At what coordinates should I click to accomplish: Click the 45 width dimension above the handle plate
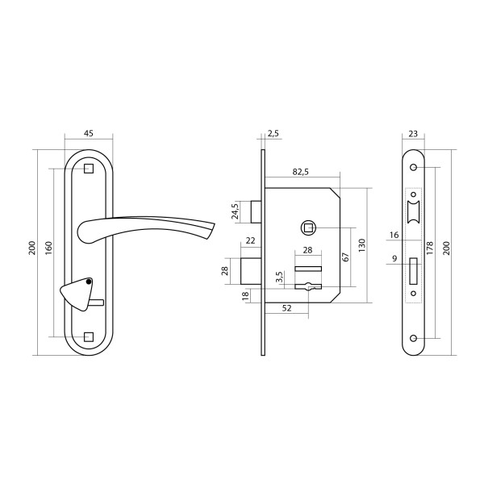coord(88,133)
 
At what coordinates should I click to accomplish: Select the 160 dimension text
coord(49,248)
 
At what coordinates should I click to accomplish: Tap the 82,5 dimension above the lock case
coord(301,172)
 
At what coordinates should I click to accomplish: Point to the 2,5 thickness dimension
coord(273,133)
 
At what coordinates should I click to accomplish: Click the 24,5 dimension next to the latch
coord(236,211)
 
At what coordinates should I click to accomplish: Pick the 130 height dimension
coord(362,245)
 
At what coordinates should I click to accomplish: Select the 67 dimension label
coord(346,257)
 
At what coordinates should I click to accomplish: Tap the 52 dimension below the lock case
coord(286,308)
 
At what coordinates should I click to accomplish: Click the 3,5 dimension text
coord(279,277)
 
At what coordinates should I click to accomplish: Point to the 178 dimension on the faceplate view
coord(430,248)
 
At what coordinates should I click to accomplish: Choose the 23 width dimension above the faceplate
coord(413,134)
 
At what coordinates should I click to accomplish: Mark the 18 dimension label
coord(245,295)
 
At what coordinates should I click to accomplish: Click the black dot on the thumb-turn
coord(89,282)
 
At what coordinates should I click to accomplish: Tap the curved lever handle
coord(146,230)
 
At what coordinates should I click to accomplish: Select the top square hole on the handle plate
coord(89,169)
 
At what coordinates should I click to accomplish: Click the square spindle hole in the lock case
coord(308,228)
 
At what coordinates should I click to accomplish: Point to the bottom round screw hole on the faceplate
coord(413,338)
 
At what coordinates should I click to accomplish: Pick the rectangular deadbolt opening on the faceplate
coord(413,271)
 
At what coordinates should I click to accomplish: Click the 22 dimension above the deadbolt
coord(250,240)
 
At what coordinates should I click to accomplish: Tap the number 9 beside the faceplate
coord(394,258)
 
